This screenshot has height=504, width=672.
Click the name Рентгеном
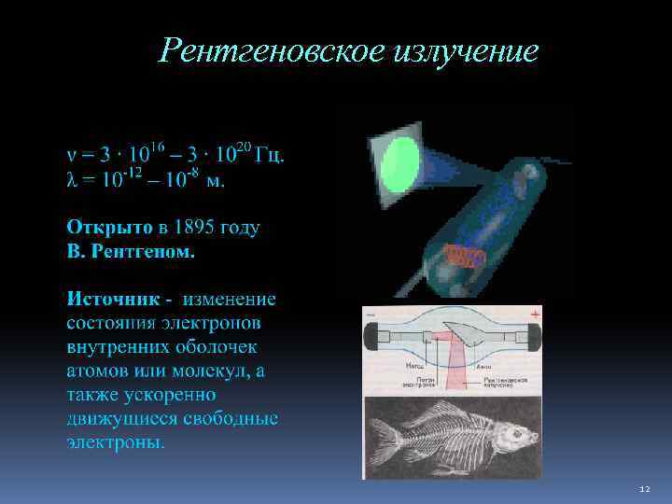(x=151, y=251)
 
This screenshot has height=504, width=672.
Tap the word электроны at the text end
(x=115, y=441)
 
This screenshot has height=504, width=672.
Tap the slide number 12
(x=644, y=489)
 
